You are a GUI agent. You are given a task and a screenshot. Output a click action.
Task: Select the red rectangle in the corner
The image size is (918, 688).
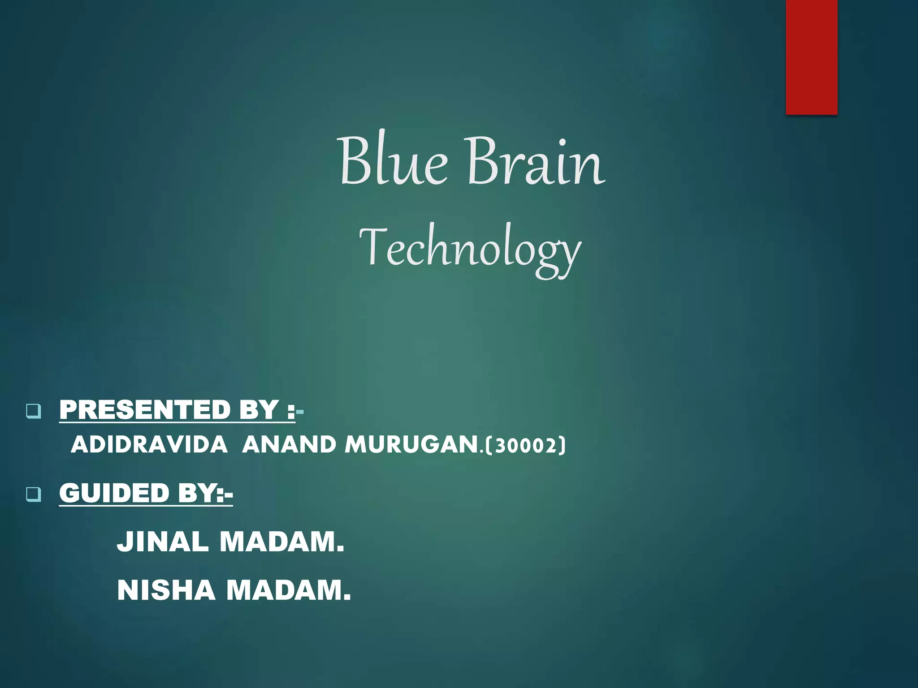(x=811, y=57)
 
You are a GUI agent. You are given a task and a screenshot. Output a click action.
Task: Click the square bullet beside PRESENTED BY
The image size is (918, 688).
(x=34, y=411)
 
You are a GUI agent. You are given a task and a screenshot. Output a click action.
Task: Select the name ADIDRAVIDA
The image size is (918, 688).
(x=149, y=445)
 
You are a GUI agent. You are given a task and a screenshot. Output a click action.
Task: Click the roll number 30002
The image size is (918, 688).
(x=525, y=446)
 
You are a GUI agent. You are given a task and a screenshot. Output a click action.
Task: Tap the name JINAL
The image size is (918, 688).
(x=162, y=542)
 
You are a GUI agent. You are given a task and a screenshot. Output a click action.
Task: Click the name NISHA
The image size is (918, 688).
(x=166, y=590)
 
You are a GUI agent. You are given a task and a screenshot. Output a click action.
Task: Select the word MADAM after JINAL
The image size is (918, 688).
(x=281, y=542)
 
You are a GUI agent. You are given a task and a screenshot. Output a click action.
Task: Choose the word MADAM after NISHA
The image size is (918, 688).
(x=288, y=590)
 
